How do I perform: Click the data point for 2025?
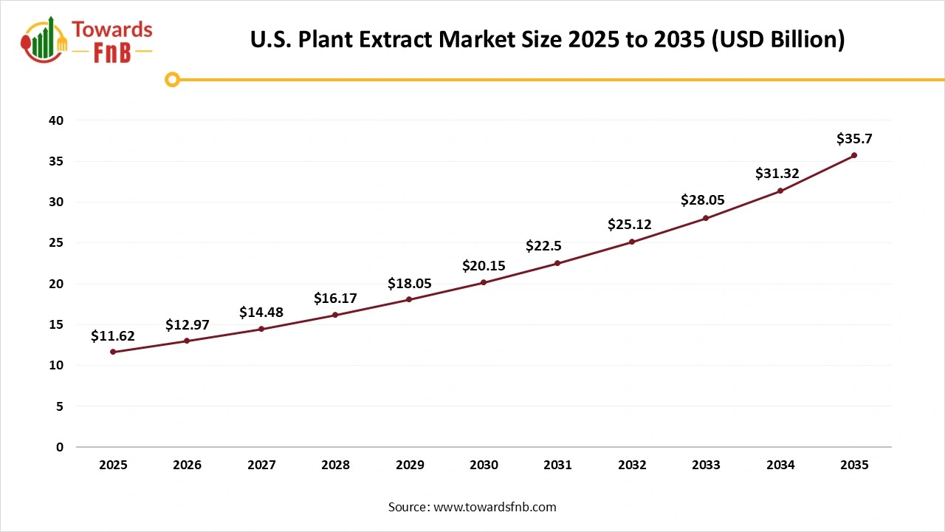point(113,352)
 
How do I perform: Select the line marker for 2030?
point(484,282)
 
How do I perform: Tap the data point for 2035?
point(854,155)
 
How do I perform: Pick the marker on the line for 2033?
point(706,218)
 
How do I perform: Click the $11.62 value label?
point(113,336)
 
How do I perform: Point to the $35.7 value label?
point(854,139)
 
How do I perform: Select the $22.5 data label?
point(543,246)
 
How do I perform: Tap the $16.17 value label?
point(335,299)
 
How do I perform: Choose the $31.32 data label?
point(777,174)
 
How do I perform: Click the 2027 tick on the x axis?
point(261,465)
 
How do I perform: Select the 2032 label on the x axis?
point(632,465)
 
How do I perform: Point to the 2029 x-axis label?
point(410,465)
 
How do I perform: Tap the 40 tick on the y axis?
point(57,120)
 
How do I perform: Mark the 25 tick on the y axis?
point(57,243)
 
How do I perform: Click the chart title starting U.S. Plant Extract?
point(547,39)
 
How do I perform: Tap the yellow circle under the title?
point(172,79)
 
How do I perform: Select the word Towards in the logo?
point(112,30)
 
